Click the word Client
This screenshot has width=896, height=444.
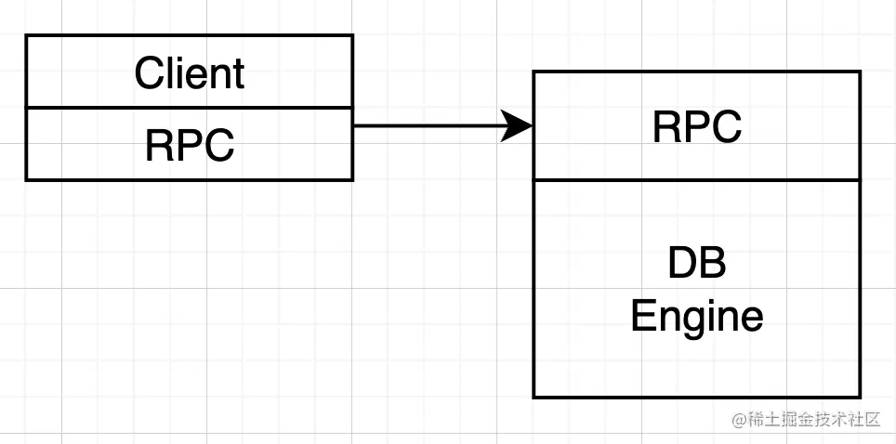(x=189, y=72)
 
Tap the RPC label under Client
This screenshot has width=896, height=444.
(x=189, y=145)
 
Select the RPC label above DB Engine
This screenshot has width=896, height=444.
(x=696, y=126)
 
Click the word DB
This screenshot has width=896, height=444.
(x=696, y=266)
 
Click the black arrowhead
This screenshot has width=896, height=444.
(x=517, y=125)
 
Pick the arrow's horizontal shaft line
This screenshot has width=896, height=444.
(x=428, y=125)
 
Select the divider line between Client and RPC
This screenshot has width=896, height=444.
(x=189, y=108)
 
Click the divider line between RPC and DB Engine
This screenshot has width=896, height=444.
(x=696, y=180)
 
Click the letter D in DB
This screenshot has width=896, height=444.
(x=681, y=266)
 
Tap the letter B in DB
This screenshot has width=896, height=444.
(x=712, y=266)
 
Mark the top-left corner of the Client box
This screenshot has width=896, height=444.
(x=26, y=36)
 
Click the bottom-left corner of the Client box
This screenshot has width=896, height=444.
(x=26, y=179)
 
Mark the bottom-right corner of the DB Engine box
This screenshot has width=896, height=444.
(x=860, y=398)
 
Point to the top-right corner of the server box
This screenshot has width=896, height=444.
(x=860, y=72)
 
